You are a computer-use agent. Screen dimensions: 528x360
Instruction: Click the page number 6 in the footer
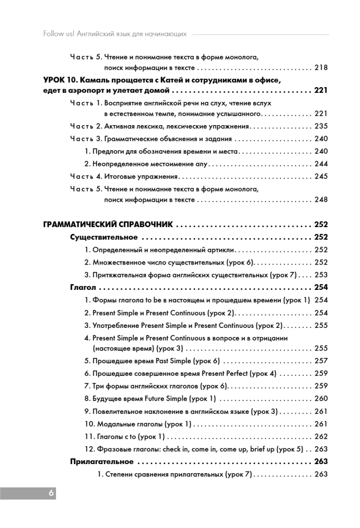pos(51,493)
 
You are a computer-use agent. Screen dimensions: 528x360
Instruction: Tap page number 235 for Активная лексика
pos(320,126)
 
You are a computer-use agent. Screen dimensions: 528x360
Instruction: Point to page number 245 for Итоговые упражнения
pos(320,176)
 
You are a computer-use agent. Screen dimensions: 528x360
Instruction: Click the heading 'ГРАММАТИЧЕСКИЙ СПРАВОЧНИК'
pos(109,224)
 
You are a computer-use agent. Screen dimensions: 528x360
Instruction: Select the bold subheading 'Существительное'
pos(104,237)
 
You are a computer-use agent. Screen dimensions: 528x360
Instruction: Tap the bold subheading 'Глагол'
pos(83,288)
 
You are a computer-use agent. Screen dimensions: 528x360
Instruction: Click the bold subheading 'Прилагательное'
pos(101,462)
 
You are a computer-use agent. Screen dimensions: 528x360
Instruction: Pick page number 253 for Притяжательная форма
pos(320,275)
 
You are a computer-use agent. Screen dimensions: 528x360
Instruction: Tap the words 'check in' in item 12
pos(183,449)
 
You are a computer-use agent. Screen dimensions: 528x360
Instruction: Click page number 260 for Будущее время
pos(320,399)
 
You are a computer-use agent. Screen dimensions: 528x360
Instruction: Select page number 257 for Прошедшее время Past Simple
pos(320,361)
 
